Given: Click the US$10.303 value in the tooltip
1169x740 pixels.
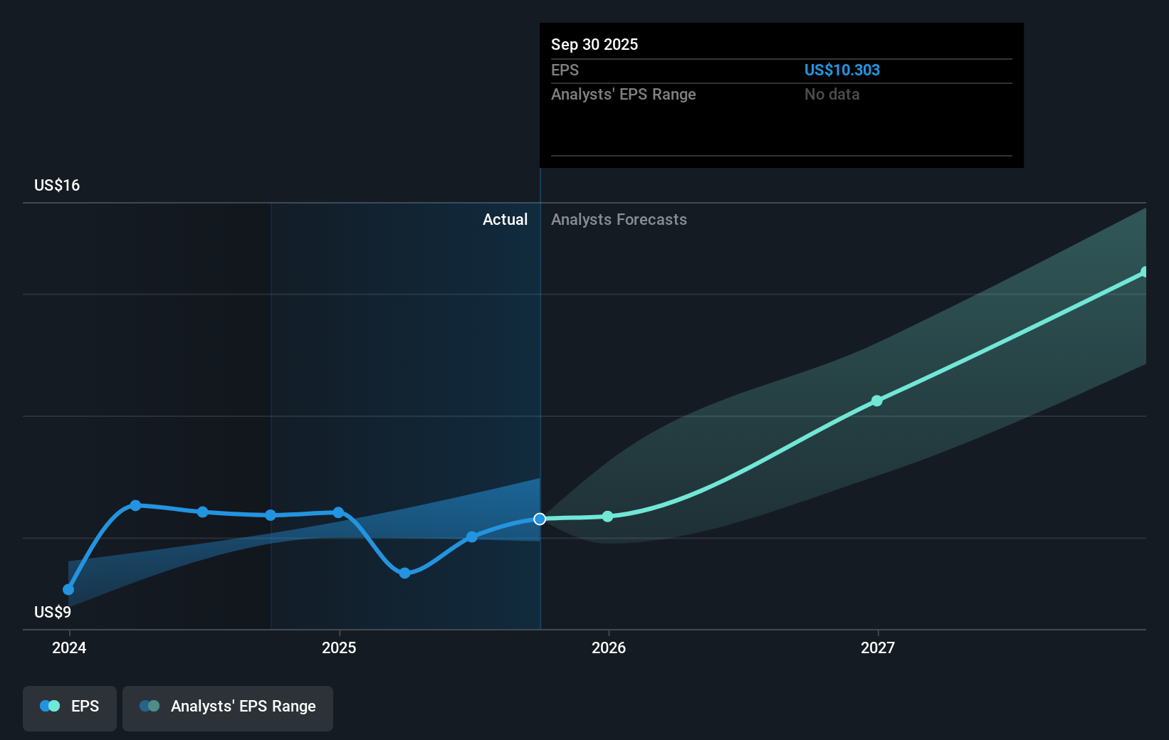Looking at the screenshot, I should [842, 70].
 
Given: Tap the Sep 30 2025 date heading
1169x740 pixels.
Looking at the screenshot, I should [594, 44].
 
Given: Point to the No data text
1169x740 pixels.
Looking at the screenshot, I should [832, 94].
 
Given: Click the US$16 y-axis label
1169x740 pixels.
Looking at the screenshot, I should [57, 185].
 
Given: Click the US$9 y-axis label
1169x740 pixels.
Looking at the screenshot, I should [53, 612].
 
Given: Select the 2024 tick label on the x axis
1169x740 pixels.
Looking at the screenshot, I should [69, 647].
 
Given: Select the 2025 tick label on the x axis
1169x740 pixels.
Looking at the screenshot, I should [339, 647].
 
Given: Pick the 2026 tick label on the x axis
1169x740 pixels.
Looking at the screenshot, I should [608, 647].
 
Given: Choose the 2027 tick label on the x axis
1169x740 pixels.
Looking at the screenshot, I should [877, 647].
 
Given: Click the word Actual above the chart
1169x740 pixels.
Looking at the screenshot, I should [505, 219].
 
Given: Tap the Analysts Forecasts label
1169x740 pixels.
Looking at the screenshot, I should [619, 219].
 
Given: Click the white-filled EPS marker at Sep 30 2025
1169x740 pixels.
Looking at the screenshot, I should [540, 519].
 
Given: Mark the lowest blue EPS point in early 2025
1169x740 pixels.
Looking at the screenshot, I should [404, 573].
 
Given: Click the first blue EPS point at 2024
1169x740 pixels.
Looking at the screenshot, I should [68, 589].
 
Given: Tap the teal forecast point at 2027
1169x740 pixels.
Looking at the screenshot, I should [877, 401].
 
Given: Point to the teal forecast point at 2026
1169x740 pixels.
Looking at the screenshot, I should [607, 516].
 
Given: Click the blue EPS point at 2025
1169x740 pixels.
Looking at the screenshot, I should [339, 512].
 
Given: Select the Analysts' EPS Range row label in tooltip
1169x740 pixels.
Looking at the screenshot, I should [623, 94].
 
